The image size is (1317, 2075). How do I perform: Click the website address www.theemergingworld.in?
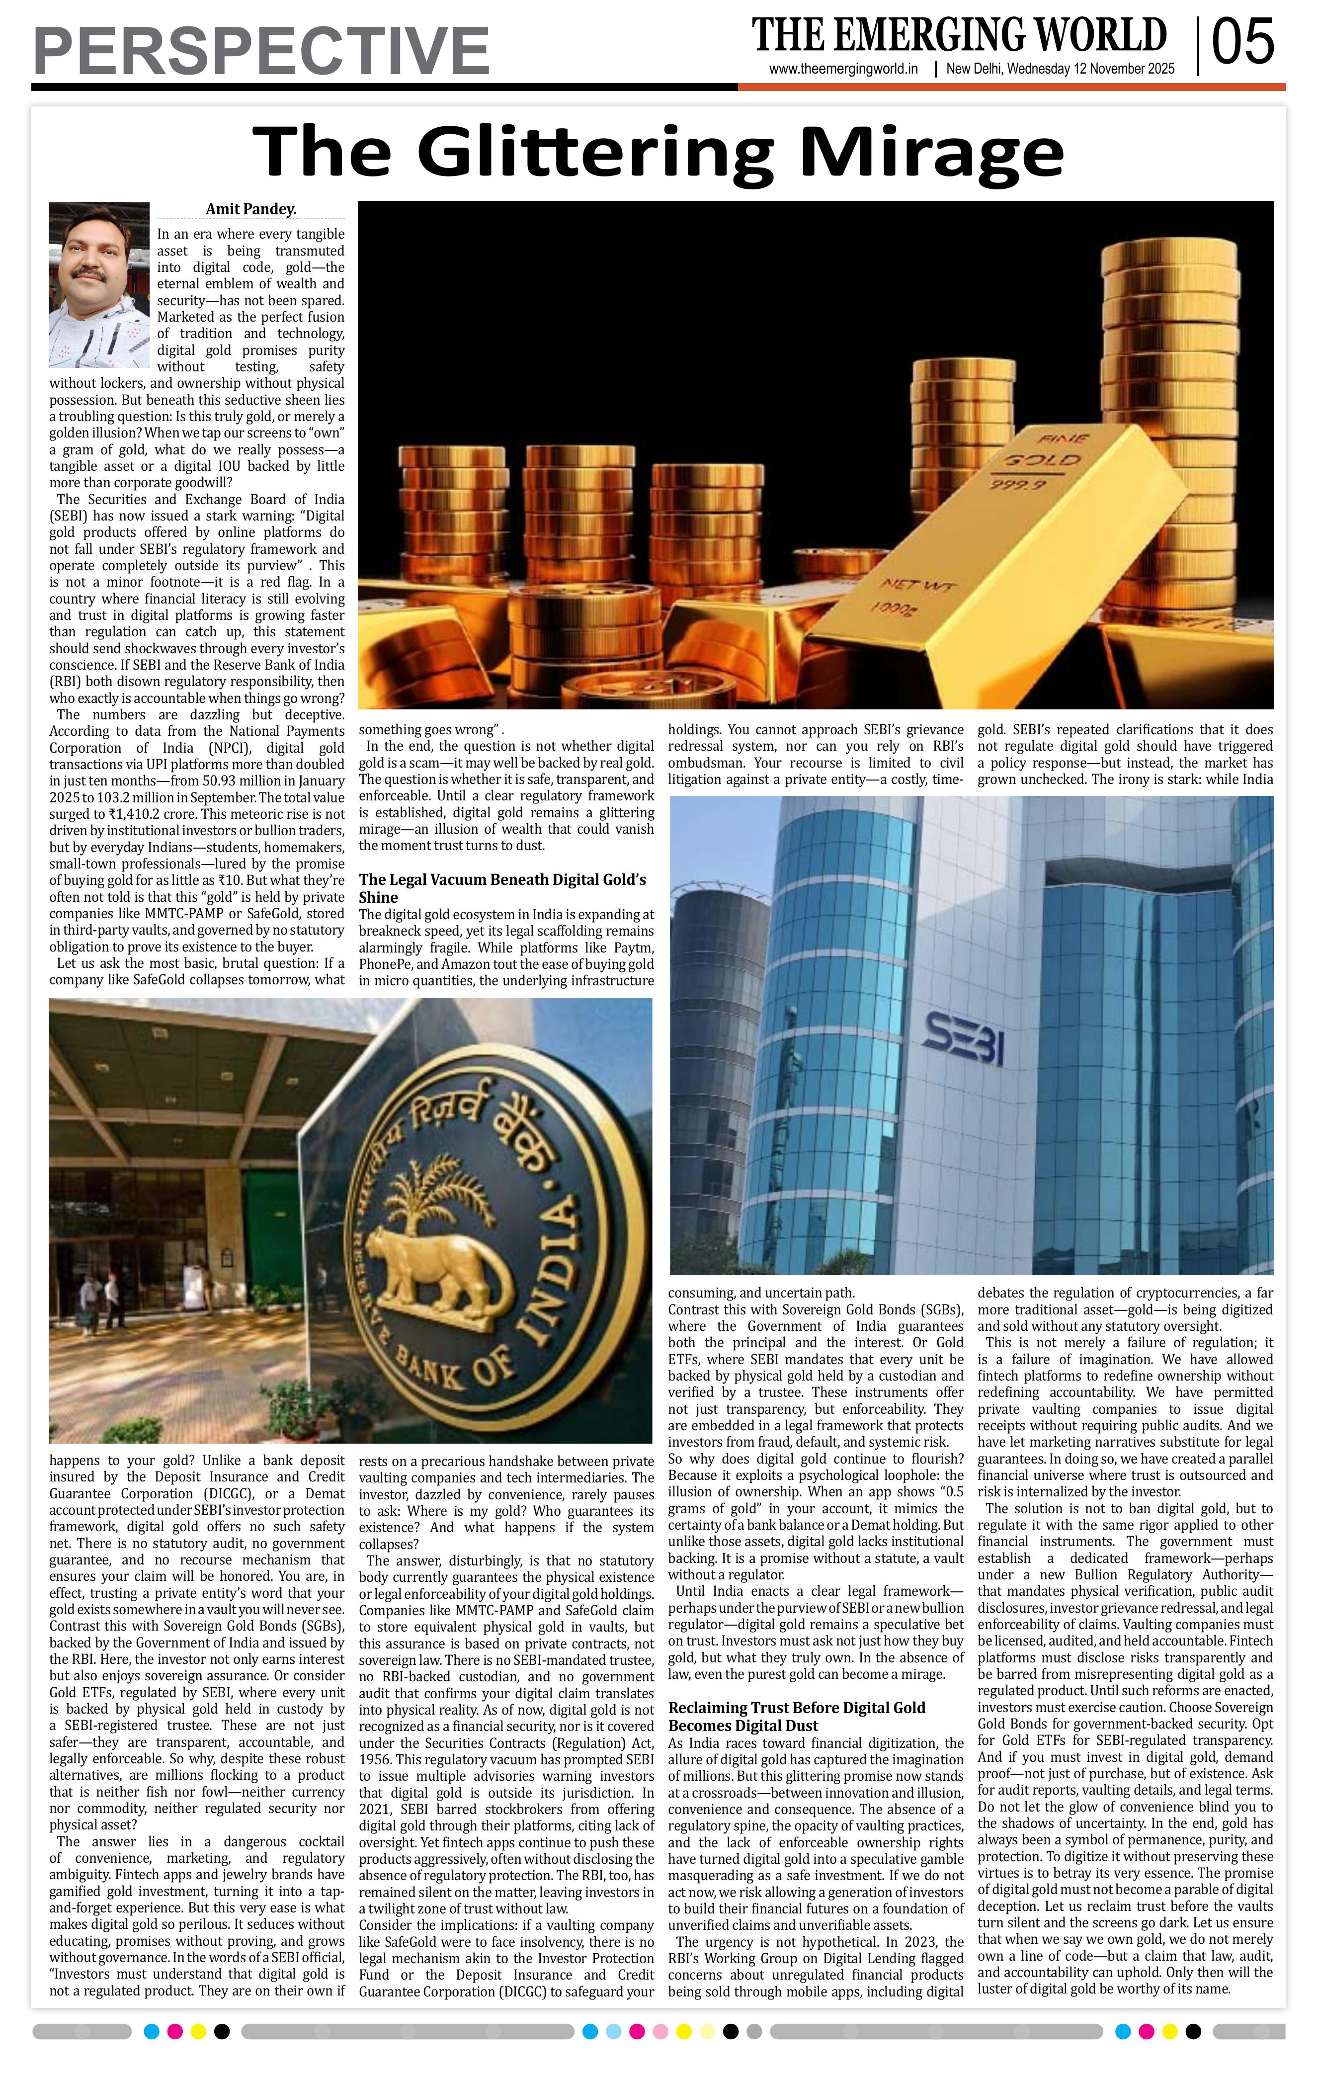[843, 69]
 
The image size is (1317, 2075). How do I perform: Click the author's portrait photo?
[99, 285]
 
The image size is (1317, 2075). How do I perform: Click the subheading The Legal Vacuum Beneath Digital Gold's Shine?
[502, 887]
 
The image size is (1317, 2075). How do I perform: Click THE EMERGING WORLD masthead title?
[959, 34]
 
